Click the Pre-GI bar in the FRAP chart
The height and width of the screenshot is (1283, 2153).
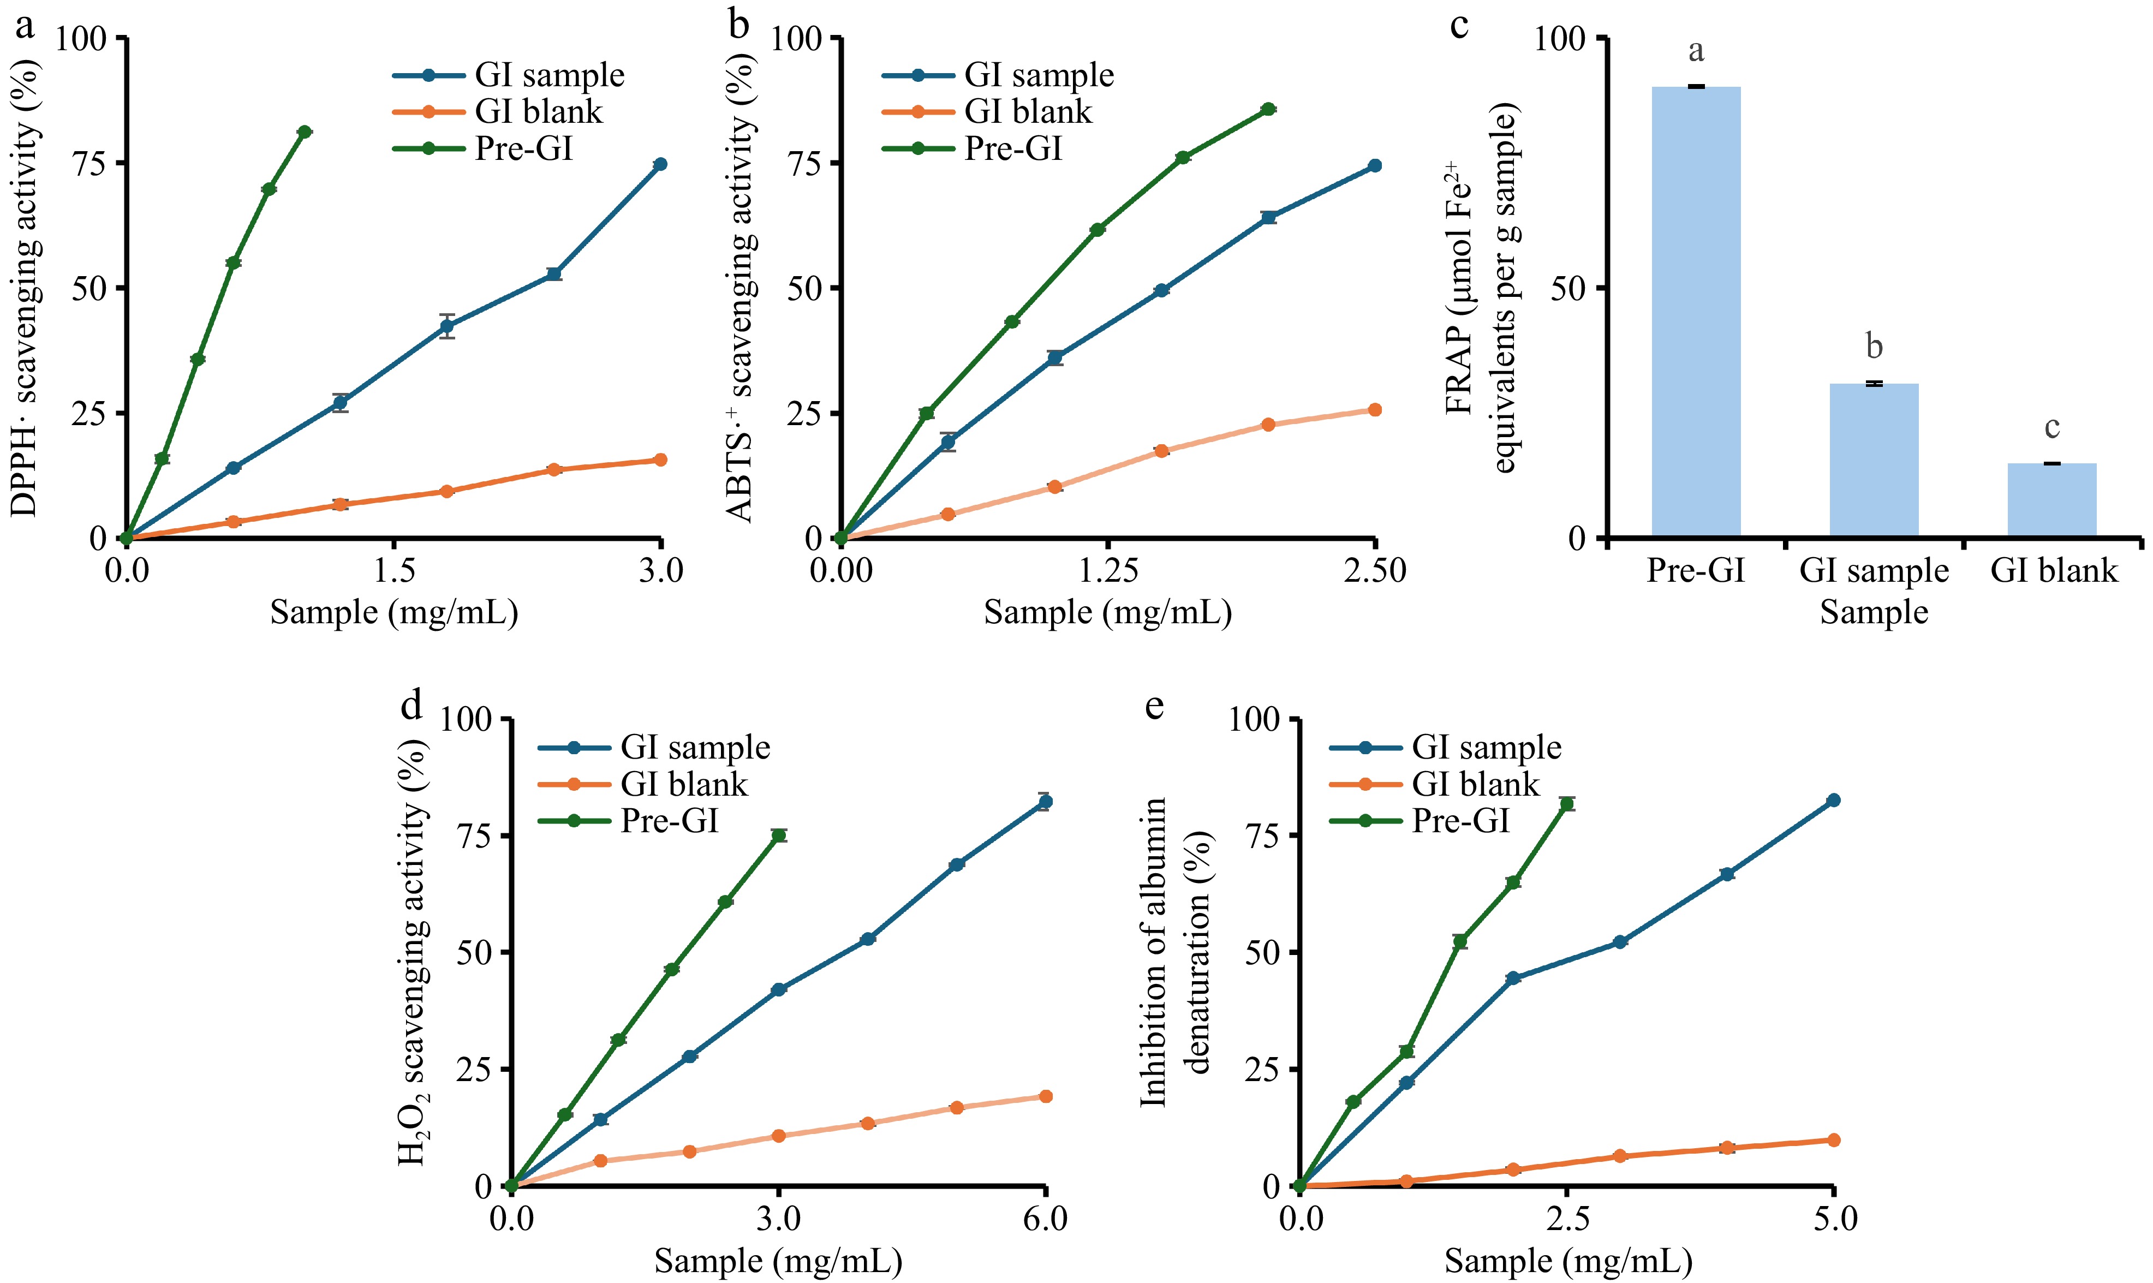[x=1695, y=311]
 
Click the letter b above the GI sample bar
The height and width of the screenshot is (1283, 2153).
[x=1874, y=347]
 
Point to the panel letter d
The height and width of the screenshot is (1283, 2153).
[x=411, y=706]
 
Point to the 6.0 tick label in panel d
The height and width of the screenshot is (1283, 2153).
[x=1045, y=1219]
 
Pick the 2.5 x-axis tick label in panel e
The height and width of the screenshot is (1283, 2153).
[x=1567, y=1219]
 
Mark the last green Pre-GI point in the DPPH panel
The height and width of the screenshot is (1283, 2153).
[x=304, y=132]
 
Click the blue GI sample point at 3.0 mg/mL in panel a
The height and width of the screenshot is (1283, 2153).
[x=660, y=164]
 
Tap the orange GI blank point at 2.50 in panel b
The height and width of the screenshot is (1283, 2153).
[x=1374, y=410]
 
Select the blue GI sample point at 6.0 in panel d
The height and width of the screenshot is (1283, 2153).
[x=1045, y=802]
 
